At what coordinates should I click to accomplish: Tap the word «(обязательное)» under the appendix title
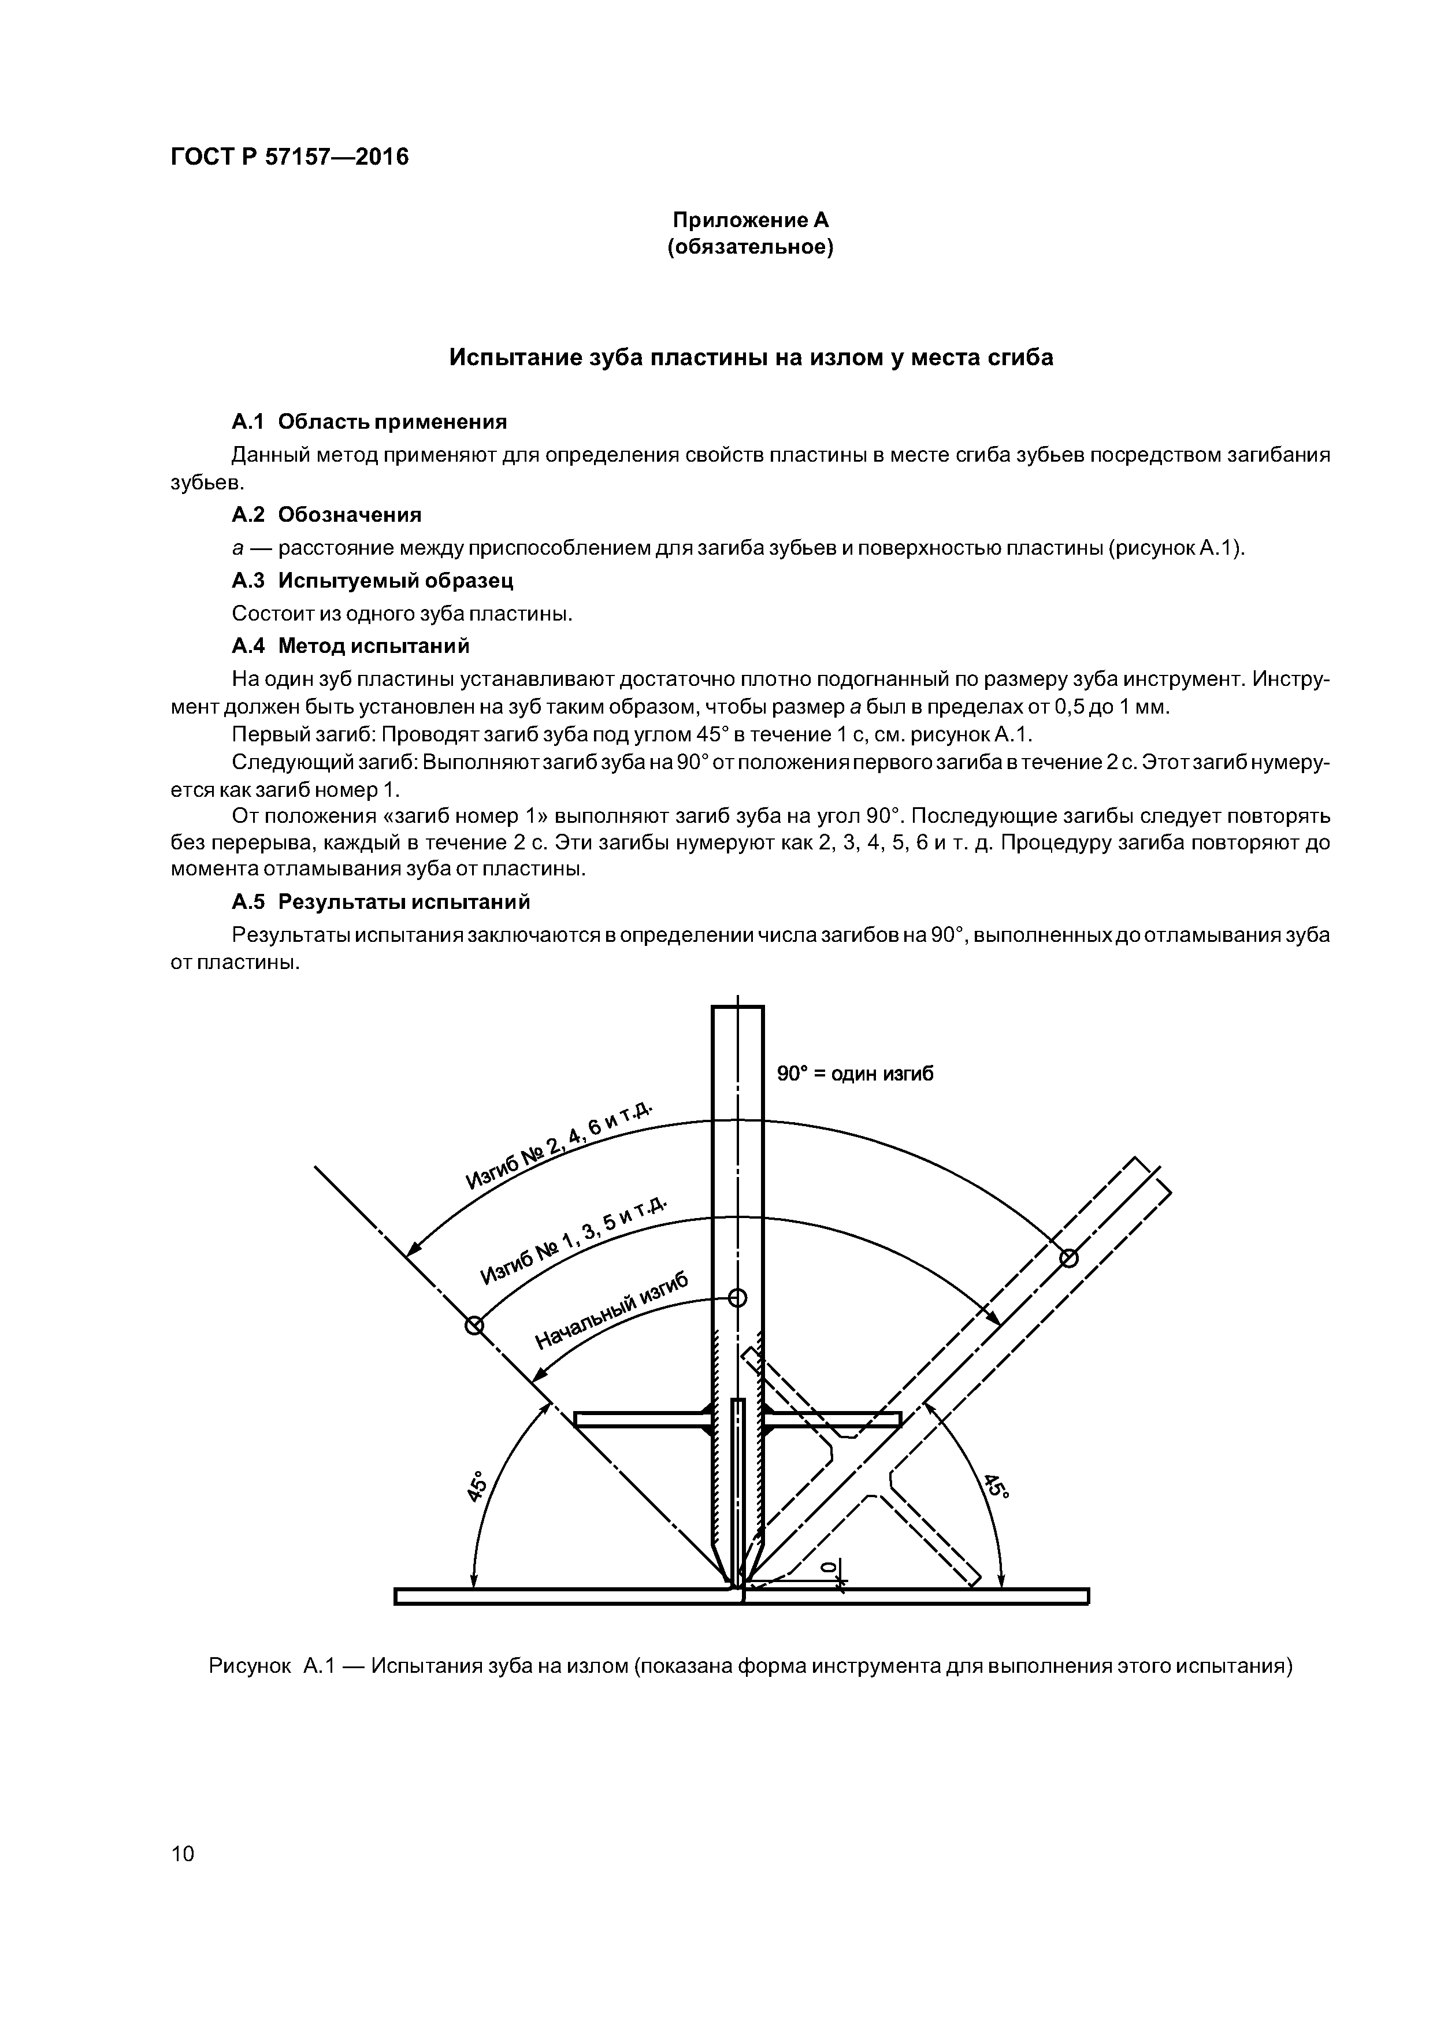751,247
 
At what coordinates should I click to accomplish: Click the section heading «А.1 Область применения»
369,421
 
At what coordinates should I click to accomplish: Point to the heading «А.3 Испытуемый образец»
372,580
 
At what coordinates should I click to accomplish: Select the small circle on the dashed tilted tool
1068,1257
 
